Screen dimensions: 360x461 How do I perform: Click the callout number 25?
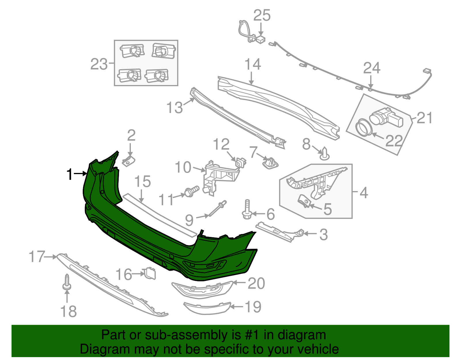coord(262,15)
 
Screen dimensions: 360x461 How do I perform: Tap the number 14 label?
coord(252,65)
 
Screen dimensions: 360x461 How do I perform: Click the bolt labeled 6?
coord(247,210)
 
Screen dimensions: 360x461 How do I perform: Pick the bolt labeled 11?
coord(192,191)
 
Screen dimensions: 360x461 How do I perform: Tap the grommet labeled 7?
coord(270,163)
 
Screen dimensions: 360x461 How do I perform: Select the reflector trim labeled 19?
coord(207,308)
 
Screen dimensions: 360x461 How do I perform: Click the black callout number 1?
coord(69,174)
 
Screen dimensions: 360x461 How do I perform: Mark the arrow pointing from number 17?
coord(51,256)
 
